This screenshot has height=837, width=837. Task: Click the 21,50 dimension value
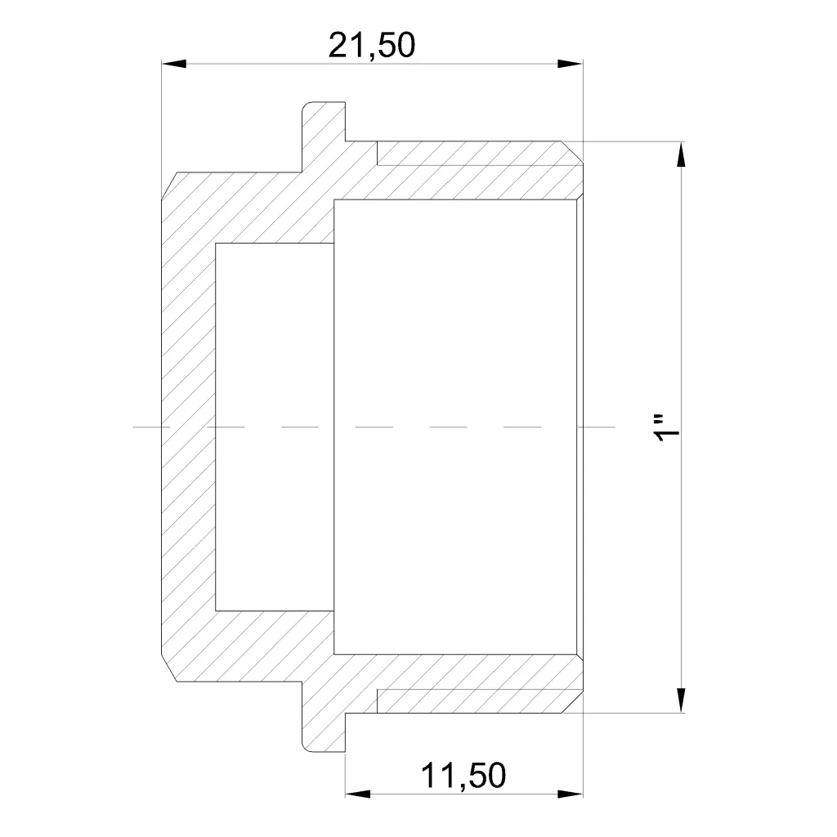click(372, 46)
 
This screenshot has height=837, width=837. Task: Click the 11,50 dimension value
click(463, 775)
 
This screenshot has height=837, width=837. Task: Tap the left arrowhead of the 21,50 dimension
click(174, 64)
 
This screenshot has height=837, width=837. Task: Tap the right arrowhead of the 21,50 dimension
click(570, 64)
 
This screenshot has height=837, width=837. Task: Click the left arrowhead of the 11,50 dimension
click(358, 794)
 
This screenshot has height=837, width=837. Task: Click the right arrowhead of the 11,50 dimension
click(570, 794)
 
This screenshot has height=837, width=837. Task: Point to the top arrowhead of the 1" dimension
click(681, 154)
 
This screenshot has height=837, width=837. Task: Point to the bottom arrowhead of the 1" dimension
click(681, 700)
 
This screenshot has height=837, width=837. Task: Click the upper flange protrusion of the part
click(324, 137)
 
